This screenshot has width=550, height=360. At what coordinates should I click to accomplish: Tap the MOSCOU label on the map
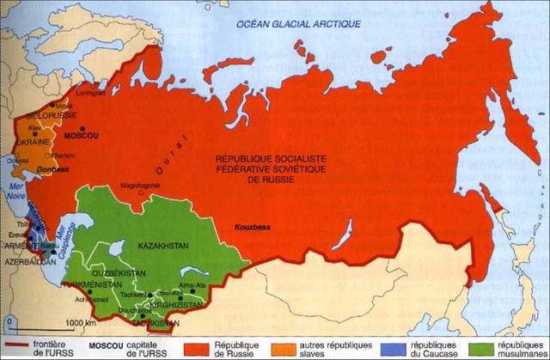point(82,136)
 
